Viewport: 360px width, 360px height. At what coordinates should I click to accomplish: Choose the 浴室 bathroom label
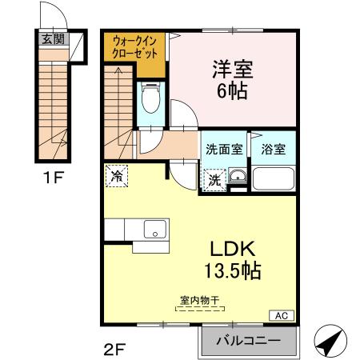274,148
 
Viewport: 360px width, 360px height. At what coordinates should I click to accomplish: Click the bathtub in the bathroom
274,179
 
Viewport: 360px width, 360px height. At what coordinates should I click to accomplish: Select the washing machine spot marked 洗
214,180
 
